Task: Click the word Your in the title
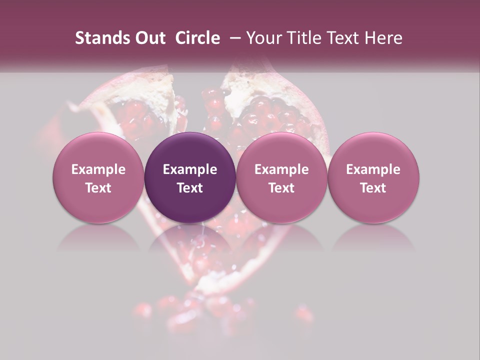click(263, 38)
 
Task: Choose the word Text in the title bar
click(342, 38)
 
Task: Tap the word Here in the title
click(383, 38)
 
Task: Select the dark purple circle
click(190, 177)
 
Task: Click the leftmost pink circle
click(98, 177)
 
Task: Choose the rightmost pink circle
click(373, 177)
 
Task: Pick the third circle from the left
click(281, 177)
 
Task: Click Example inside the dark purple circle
click(190, 169)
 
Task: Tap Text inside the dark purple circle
click(190, 188)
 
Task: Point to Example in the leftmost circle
click(98, 169)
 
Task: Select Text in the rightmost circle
click(373, 188)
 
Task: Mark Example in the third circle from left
click(281, 169)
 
